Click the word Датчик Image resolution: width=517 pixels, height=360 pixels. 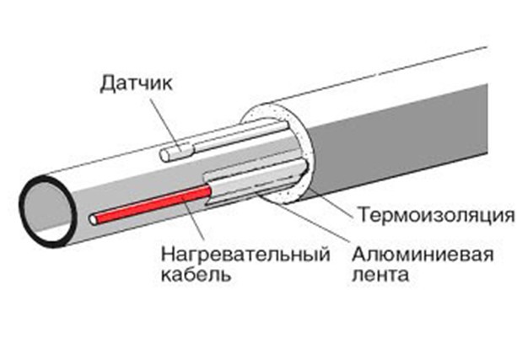(x=137, y=83)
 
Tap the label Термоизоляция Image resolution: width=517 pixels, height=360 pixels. (x=433, y=212)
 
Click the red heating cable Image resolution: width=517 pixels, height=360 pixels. (x=152, y=204)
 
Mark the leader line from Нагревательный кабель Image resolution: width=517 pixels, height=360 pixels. (x=191, y=223)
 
